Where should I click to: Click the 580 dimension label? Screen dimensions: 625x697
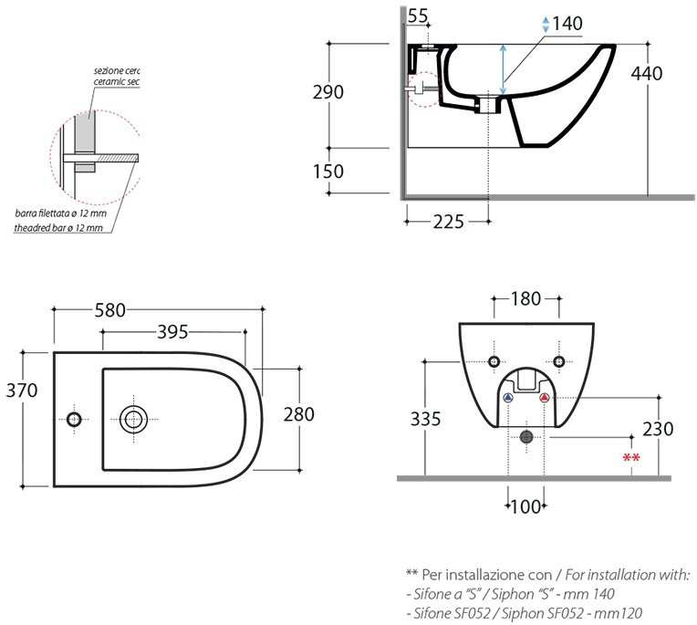110,310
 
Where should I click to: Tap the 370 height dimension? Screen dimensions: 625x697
21,391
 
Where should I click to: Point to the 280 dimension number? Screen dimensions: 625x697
298,413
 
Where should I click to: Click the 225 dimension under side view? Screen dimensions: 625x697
447,222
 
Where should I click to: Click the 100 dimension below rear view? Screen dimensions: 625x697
525,506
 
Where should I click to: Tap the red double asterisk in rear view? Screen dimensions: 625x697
630,458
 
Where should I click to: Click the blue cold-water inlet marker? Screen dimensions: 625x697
508,399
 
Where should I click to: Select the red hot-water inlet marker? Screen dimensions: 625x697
544,399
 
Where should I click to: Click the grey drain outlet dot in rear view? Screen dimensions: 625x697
525,437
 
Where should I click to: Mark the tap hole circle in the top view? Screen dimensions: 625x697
74,419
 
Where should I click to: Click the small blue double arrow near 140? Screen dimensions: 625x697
546,24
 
